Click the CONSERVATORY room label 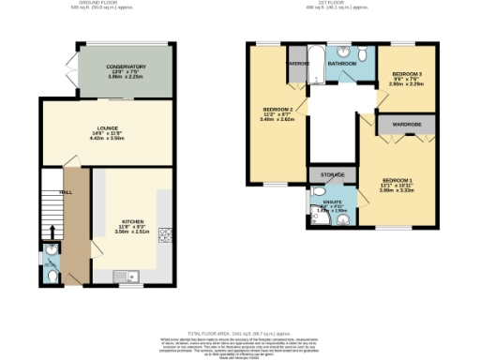[126, 67]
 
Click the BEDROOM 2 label [277, 111]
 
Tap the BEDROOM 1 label [398, 180]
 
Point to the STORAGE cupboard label [332, 174]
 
